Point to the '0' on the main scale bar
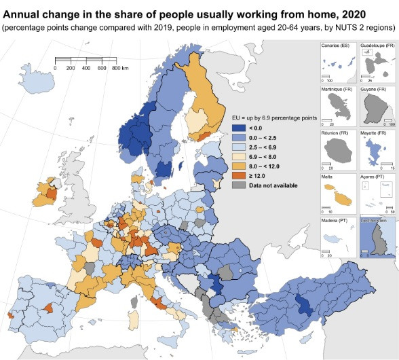coord(56,69)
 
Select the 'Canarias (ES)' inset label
coord(336,45)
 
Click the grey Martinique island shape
coord(337,107)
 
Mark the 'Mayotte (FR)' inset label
coord(374,132)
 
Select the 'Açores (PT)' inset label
coord(373,176)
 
